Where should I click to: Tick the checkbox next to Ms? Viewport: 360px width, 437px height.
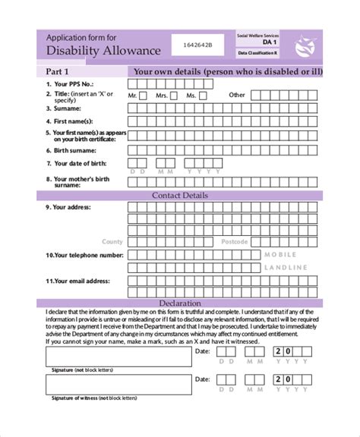click(x=207, y=96)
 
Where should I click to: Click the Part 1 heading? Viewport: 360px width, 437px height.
click(x=61, y=71)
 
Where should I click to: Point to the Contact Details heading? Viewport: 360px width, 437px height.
click(x=180, y=195)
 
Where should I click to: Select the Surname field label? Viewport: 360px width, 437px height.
click(x=67, y=108)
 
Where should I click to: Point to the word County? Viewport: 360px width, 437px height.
click(x=112, y=241)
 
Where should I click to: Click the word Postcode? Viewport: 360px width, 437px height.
click(x=235, y=241)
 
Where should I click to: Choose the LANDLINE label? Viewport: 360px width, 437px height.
click(x=286, y=268)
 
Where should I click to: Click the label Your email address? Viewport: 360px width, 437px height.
click(x=79, y=281)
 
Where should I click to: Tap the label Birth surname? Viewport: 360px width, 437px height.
click(x=74, y=150)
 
